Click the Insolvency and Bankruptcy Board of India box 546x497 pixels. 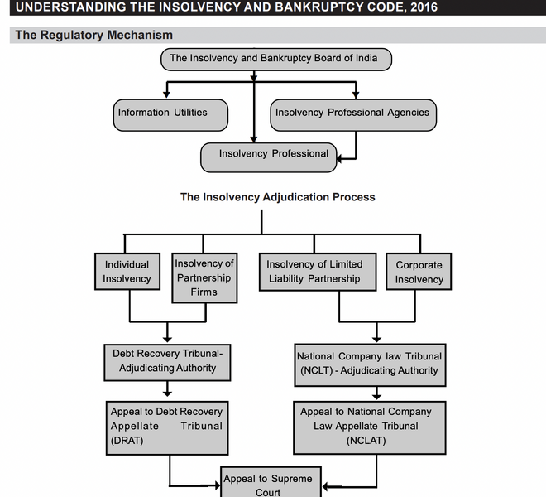point(274,59)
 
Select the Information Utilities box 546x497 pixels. point(170,113)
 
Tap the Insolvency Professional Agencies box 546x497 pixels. point(352,113)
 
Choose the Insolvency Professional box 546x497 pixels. point(269,155)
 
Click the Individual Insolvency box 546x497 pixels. point(127,272)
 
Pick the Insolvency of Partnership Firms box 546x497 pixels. point(204,277)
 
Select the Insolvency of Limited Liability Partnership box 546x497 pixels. point(314,272)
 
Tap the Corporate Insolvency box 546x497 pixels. point(419,272)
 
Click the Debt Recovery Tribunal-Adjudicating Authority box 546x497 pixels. point(168,360)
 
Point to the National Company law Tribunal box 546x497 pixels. point(369,364)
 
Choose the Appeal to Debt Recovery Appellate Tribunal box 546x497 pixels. point(167,426)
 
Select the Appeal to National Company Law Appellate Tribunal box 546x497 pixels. point(369,427)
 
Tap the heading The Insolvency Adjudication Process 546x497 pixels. point(277,197)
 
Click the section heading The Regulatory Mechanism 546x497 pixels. point(93,35)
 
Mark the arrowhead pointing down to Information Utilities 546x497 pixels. point(167,94)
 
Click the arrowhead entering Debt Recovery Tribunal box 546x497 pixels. point(168,339)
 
